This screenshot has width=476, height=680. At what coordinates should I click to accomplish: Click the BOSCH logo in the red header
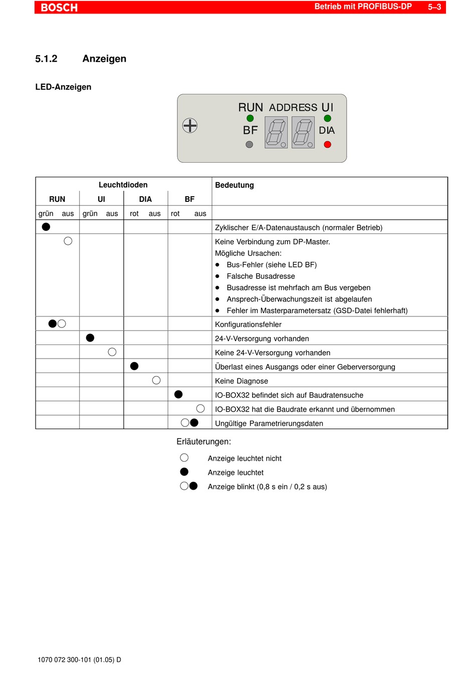(x=59, y=8)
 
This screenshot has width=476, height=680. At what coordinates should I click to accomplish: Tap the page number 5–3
(x=434, y=7)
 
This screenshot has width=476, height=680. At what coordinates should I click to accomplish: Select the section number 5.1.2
(x=46, y=59)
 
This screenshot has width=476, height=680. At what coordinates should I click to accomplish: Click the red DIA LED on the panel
(x=328, y=145)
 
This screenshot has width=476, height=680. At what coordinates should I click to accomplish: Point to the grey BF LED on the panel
(x=250, y=145)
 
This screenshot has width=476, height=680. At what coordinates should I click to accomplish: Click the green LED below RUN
(x=250, y=118)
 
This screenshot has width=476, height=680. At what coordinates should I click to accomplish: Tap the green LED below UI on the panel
(x=328, y=118)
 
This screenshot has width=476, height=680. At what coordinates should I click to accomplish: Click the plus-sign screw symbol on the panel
(x=190, y=125)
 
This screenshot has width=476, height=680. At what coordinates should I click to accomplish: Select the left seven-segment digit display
(x=276, y=132)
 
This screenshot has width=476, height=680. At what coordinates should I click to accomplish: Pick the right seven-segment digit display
(x=303, y=132)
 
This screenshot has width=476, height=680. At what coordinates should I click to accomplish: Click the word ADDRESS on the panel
(x=293, y=108)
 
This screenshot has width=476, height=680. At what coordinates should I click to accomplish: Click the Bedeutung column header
(x=234, y=185)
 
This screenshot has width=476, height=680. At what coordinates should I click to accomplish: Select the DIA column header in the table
(x=145, y=199)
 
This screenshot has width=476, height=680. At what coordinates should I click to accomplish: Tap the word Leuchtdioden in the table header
(x=123, y=185)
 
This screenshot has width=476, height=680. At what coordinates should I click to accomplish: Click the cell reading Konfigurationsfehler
(x=248, y=324)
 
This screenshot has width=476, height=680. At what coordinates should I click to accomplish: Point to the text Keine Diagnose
(x=242, y=381)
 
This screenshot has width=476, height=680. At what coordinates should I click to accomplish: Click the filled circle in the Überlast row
(x=134, y=366)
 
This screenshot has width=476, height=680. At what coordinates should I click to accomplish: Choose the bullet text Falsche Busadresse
(x=261, y=276)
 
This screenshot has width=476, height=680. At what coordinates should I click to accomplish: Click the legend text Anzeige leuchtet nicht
(x=245, y=459)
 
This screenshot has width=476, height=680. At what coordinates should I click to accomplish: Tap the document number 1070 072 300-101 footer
(x=79, y=660)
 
